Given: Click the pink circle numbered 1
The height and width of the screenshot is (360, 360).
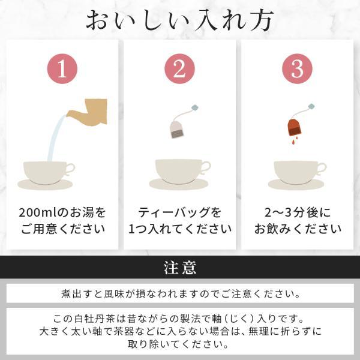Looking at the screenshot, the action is tap(62, 68).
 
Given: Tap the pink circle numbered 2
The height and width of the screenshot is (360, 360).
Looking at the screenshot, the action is tap(179, 68).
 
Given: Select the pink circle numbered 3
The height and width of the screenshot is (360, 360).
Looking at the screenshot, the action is tap(297, 68).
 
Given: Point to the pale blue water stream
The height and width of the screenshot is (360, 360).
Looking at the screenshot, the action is tap(55, 138).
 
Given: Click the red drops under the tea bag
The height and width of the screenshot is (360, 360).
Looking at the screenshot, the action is tap(295, 140).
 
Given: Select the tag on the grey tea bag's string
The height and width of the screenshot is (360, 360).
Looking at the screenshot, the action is tap(195, 107).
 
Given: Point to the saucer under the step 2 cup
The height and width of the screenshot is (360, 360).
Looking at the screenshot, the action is tap(179, 184).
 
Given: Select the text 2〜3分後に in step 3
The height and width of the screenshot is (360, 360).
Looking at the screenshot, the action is tap(298, 212).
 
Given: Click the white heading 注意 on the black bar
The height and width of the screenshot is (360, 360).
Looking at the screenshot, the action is tap(180, 268).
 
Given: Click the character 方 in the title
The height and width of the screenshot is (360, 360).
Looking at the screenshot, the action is tap(262, 20).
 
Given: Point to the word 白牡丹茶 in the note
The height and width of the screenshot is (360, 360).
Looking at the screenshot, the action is tap(95, 319).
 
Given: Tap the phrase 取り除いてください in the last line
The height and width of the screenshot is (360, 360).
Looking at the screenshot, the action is tap(178, 344).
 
